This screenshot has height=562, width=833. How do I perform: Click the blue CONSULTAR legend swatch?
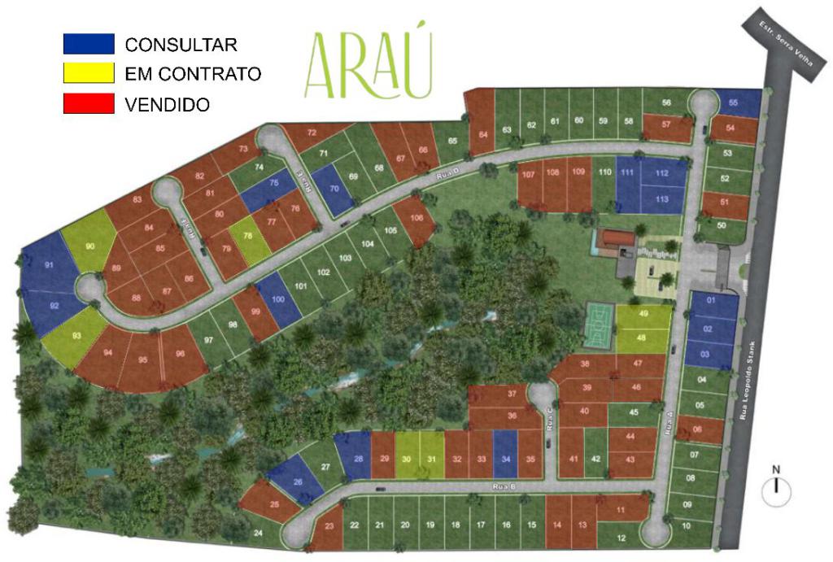pyautogui.click(x=89, y=44)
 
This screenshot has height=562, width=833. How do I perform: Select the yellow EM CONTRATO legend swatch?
pyautogui.click(x=89, y=73)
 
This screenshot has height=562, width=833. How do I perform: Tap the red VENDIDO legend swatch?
pyautogui.click(x=89, y=103)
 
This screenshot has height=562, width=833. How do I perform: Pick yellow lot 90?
pyautogui.click(x=88, y=241)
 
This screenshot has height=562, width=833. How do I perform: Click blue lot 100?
pyautogui.click(x=275, y=299)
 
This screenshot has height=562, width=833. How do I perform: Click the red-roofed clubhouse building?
pyautogui.click(x=615, y=240)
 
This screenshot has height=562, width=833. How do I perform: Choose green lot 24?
pyautogui.click(x=257, y=533)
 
